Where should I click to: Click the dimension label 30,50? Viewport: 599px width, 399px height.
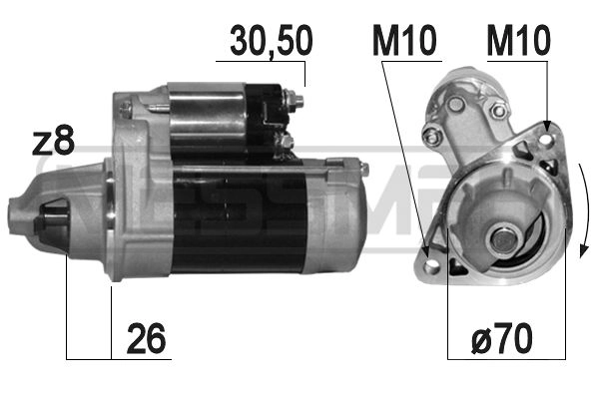[271, 41]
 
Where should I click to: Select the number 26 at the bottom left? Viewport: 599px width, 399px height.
[146, 340]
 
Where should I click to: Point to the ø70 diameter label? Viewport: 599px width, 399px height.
[502, 340]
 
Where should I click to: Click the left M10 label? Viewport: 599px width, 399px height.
[403, 41]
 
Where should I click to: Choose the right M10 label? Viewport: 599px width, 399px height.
[518, 41]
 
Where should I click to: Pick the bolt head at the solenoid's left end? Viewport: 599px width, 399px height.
[125, 103]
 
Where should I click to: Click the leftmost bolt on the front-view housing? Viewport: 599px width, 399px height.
[430, 138]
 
